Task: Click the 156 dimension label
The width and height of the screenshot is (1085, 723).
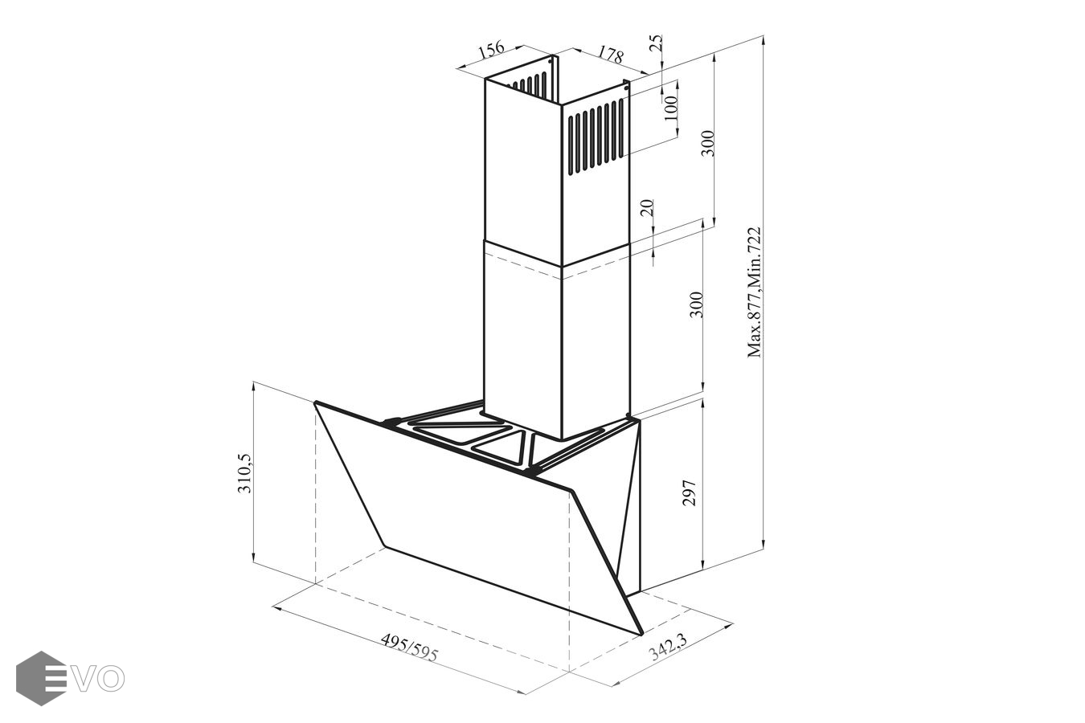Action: [492, 50]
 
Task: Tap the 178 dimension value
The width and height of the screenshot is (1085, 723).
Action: [610, 55]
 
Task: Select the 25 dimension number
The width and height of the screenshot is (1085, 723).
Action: [655, 43]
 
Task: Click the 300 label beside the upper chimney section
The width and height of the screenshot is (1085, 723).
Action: [708, 143]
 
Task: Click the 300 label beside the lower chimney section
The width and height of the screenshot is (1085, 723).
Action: [695, 304]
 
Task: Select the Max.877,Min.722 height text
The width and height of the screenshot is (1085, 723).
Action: [755, 292]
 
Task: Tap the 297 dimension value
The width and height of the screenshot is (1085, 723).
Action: [689, 493]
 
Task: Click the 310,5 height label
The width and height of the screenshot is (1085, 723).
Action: [244, 473]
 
